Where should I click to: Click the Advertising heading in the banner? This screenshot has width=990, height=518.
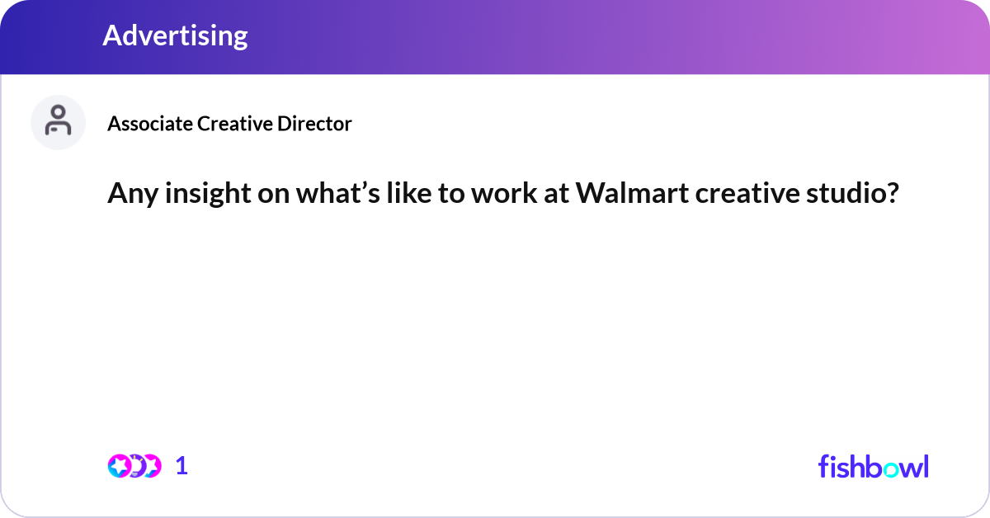pos(175,35)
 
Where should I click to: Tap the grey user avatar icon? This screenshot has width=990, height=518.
pos(58,122)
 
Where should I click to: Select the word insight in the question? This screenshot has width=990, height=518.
pos(194,195)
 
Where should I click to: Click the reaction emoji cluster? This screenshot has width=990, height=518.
pos(134,465)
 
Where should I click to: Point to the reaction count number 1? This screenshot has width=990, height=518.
pos(181,465)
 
